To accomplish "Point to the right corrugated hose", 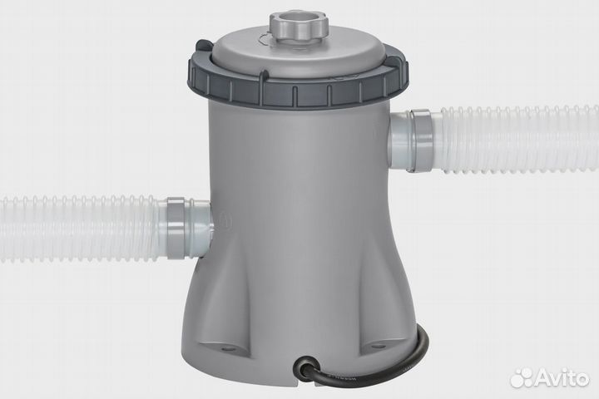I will coord(516,137).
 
